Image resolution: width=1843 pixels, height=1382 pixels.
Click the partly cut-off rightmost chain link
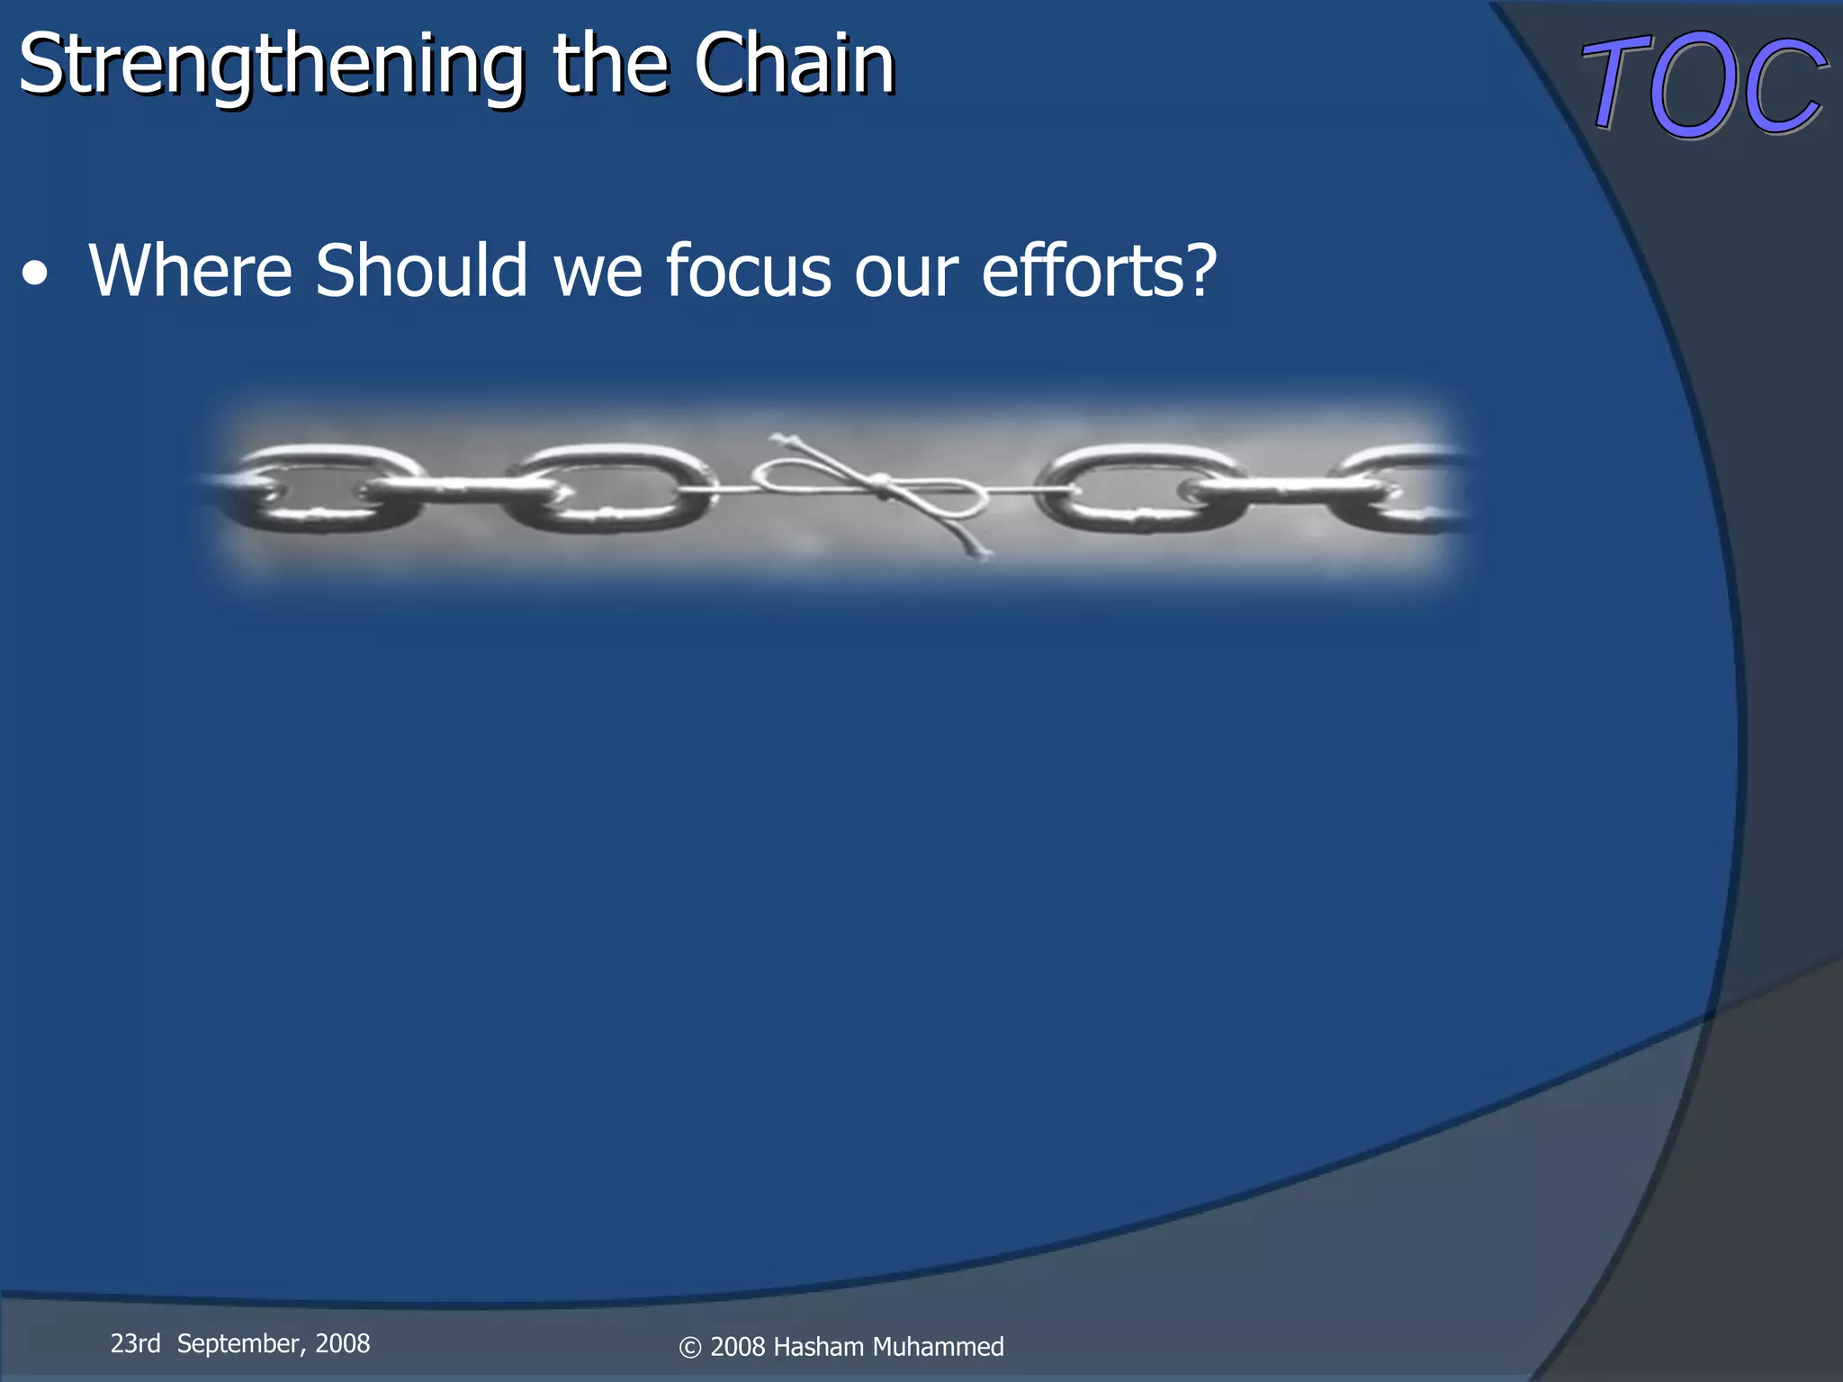click(x=1404, y=490)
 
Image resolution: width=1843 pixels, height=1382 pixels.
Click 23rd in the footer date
click(x=135, y=1343)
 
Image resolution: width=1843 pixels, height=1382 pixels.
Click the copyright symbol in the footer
click(x=689, y=1348)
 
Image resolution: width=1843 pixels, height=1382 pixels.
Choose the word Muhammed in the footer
click(x=938, y=1347)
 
